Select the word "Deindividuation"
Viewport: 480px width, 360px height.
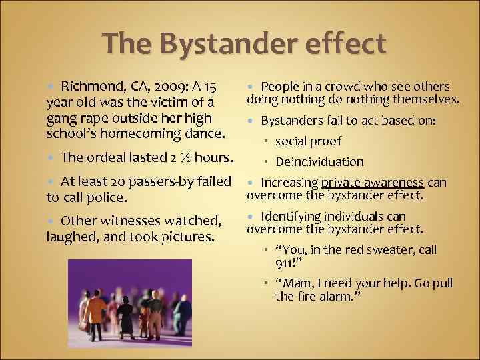click(x=319, y=161)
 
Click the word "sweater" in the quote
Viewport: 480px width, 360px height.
click(x=387, y=249)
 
